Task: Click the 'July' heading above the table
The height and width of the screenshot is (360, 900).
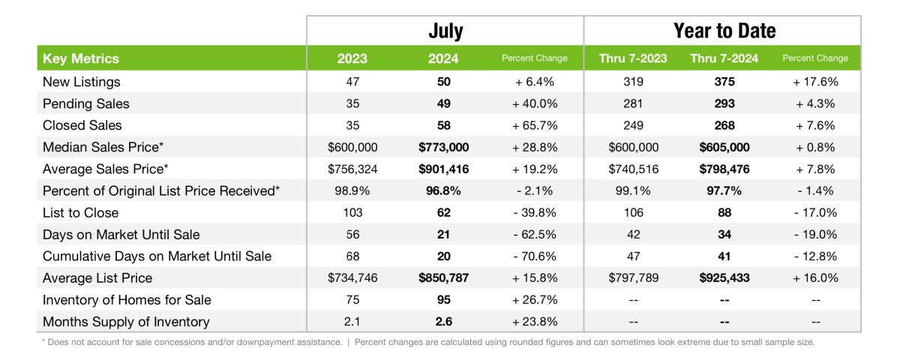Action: pos(445,31)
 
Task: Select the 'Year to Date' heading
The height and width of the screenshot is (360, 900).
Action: pos(724,31)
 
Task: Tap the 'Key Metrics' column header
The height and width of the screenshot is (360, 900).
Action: pos(81,58)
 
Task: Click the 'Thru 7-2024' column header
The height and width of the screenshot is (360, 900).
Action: pos(724,58)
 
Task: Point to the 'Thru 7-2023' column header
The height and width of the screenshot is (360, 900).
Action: pos(633,58)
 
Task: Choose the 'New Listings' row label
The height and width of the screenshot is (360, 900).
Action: pos(81,82)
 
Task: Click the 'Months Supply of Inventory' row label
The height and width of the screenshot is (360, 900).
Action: pos(126,322)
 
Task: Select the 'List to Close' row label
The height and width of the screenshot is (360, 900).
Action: pos(81,213)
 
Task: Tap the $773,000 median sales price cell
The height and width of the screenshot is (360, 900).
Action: pos(443,148)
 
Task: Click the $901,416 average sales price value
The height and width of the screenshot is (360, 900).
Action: pos(443,169)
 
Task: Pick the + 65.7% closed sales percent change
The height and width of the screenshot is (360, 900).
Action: pos(535,125)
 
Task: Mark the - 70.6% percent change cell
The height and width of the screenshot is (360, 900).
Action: pos(535,256)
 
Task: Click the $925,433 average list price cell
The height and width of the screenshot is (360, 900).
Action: pos(724,278)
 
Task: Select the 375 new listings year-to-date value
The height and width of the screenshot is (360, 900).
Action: pos(724,82)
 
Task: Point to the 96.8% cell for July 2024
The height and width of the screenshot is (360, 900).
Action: pos(443,191)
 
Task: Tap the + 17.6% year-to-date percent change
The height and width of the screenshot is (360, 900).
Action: pos(815,82)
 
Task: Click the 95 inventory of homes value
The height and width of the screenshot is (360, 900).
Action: pos(443,300)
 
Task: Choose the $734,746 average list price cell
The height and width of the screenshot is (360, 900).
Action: pos(352,278)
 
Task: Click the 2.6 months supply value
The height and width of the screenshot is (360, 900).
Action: pos(443,322)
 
